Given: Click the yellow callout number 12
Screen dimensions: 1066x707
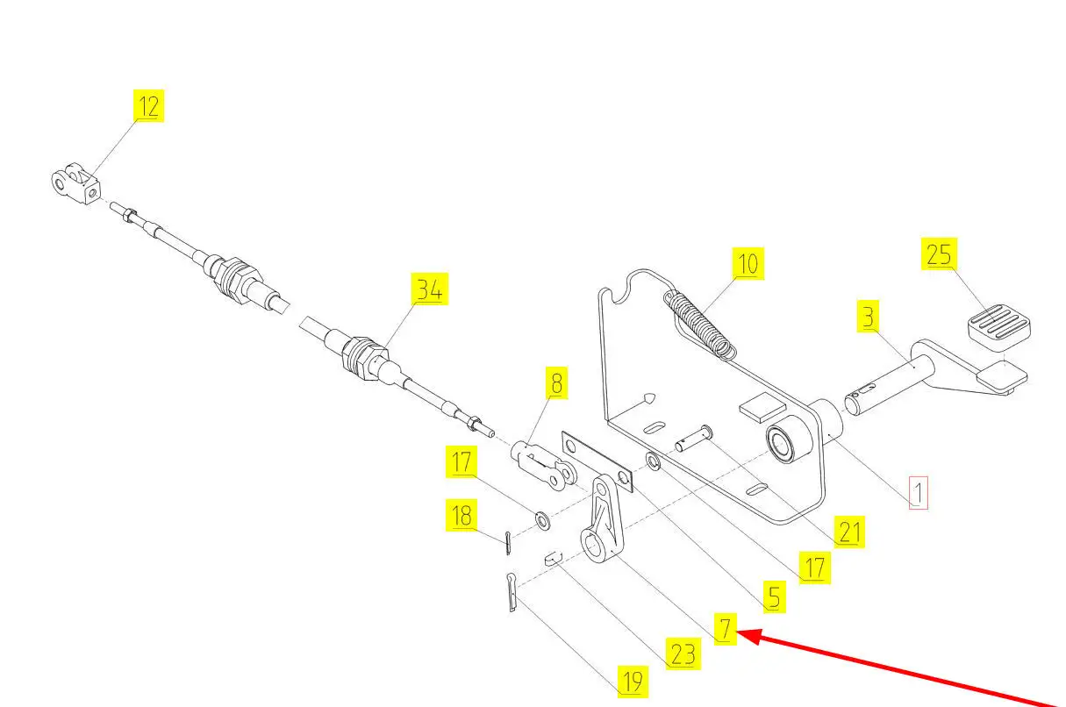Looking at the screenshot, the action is click(x=148, y=105).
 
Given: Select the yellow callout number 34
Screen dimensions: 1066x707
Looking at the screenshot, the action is click(x=430, y=289).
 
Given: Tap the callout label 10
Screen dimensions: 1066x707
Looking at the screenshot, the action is click(x=748, y=263).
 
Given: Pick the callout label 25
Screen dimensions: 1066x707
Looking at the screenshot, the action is click(x=939, y=254).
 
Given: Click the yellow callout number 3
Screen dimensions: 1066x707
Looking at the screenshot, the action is click(x=868, y=317).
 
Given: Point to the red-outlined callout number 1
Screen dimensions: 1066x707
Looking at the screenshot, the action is click(x=919, y=493).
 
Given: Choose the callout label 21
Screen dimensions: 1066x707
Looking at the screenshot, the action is click(x=849, y=532).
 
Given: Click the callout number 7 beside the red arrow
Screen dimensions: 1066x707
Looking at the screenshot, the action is click(x=726, y=629).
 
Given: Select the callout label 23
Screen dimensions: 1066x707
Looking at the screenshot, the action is click(x=683, y=653).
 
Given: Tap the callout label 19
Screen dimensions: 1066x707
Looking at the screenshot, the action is click(x=633, y=682).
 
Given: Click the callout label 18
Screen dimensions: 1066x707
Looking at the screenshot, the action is click(x=461, y=515).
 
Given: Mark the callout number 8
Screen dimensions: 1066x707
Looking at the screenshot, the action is click(x=557, y=383).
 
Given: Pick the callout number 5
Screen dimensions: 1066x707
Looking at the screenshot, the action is click(x=775, y=596).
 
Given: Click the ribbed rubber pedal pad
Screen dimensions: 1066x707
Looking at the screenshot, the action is click(x=999, y=327).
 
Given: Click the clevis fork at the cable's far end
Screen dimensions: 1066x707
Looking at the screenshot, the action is click(x=75, y=183).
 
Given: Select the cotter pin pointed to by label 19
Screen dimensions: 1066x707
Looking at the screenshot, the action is click(x=512, y=592).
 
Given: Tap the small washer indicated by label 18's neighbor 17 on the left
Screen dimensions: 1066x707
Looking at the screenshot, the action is click(x=542, y=520).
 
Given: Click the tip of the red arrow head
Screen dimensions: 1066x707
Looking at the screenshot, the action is click(x=738, y=632).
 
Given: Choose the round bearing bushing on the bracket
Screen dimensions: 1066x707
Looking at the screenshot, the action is click(x=788, y=439).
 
